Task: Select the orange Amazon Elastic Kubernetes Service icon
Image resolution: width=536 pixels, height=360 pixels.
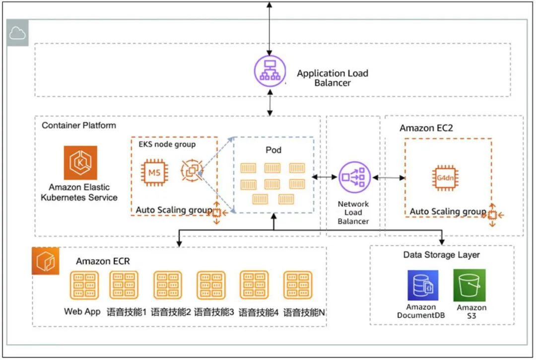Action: (x=80, y=163)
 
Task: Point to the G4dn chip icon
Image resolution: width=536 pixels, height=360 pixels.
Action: (x=445, y=178)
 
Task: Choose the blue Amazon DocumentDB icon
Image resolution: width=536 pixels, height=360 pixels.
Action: (x=422, y=286)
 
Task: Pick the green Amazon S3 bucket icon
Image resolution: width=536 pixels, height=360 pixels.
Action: (x=469, y=286)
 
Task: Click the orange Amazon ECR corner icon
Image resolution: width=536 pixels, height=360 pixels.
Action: (x=46, y=261)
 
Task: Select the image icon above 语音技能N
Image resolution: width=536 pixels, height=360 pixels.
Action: (x=298, y=285)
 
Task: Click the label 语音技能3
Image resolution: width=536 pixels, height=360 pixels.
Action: (x=214, y=312)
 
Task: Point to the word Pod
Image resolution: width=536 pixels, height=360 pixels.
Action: (x=273, y=150)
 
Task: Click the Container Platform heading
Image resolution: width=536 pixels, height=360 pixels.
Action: (x=78, y=126)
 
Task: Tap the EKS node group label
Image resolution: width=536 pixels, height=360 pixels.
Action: (x=167, y=144)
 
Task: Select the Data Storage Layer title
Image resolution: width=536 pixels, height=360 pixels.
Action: (x=441, y=255)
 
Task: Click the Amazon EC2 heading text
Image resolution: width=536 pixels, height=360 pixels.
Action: (x=426, y=128)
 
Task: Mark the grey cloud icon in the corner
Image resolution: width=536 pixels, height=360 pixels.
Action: (x=17, y=34)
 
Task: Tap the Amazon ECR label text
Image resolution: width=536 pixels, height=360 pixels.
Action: (x=103, y=261)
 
